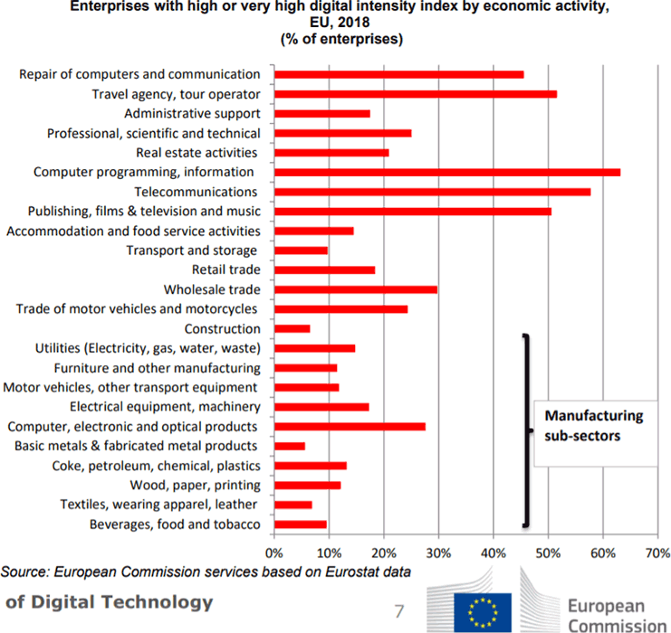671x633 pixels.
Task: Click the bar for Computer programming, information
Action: [446, 172]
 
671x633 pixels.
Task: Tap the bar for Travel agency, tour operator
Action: [415, 93]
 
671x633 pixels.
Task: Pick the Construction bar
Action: [292, 328]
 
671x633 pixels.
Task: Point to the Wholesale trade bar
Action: [355, 289]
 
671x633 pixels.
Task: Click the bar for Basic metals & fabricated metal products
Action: [289, 446]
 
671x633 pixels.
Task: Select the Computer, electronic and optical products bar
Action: [349, 426]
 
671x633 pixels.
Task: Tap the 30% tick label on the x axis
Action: [437, 552]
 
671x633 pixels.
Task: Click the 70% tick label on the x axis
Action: [657, 552]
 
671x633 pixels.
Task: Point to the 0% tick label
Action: [273, 552]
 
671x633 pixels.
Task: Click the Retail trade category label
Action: [225, 269]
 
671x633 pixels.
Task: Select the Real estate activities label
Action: [197, 152]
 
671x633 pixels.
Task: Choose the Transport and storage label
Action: [192, 250]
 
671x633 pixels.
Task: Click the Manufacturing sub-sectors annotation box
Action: [593, 424]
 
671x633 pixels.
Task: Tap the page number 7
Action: [398, 611]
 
